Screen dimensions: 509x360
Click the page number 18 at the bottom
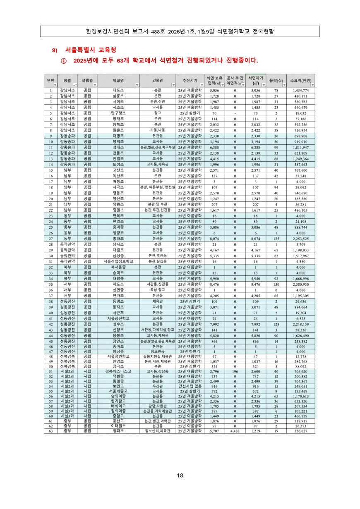click(180, 475)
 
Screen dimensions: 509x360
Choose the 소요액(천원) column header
click(300, 80)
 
